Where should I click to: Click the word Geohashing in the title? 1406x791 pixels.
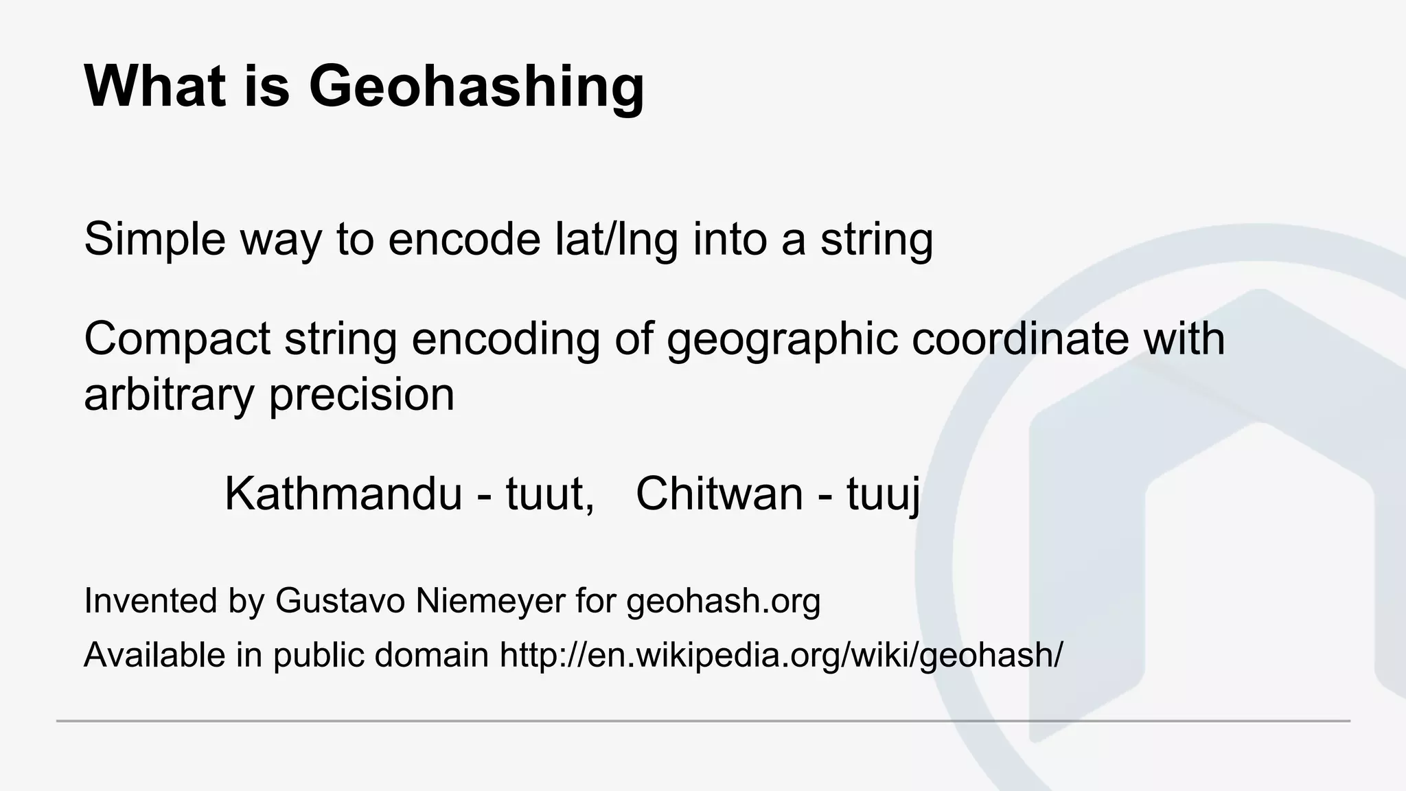click(x=476, y=87)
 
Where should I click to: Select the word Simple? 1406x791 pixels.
click(x=155, y=239)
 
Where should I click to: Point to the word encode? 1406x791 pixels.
click(x=464, y=239)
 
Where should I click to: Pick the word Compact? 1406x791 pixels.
click(x=177, y=339)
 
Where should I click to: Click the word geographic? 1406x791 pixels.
click(x=782, y=339)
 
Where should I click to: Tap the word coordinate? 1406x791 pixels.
click(x=1020, y=339)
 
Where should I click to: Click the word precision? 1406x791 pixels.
click(x=362, y=395)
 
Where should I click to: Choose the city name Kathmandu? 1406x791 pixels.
click(x=343, y=494)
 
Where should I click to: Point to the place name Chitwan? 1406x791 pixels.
click(x=719, y=494)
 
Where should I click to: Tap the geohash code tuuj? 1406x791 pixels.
click(x=883, y=494)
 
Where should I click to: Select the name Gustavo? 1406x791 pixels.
click(x=340, y=601)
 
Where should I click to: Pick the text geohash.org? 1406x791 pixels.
click(x=724, y=601)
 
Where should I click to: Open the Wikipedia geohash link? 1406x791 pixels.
click(x=781, y=655)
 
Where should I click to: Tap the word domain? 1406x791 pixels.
click(x=431, y=655)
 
